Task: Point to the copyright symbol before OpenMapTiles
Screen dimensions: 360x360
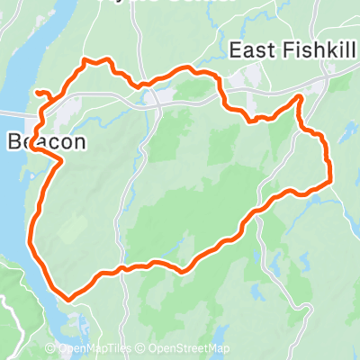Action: click(x=51, y=349)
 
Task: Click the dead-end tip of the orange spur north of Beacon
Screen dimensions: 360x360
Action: click(x=37, y=92)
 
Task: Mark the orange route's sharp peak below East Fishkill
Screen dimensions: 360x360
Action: click(x=300, y=97)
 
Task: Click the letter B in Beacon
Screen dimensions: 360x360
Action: click(x=13, y=141)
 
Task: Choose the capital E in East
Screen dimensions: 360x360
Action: click(x=236, y=50)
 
